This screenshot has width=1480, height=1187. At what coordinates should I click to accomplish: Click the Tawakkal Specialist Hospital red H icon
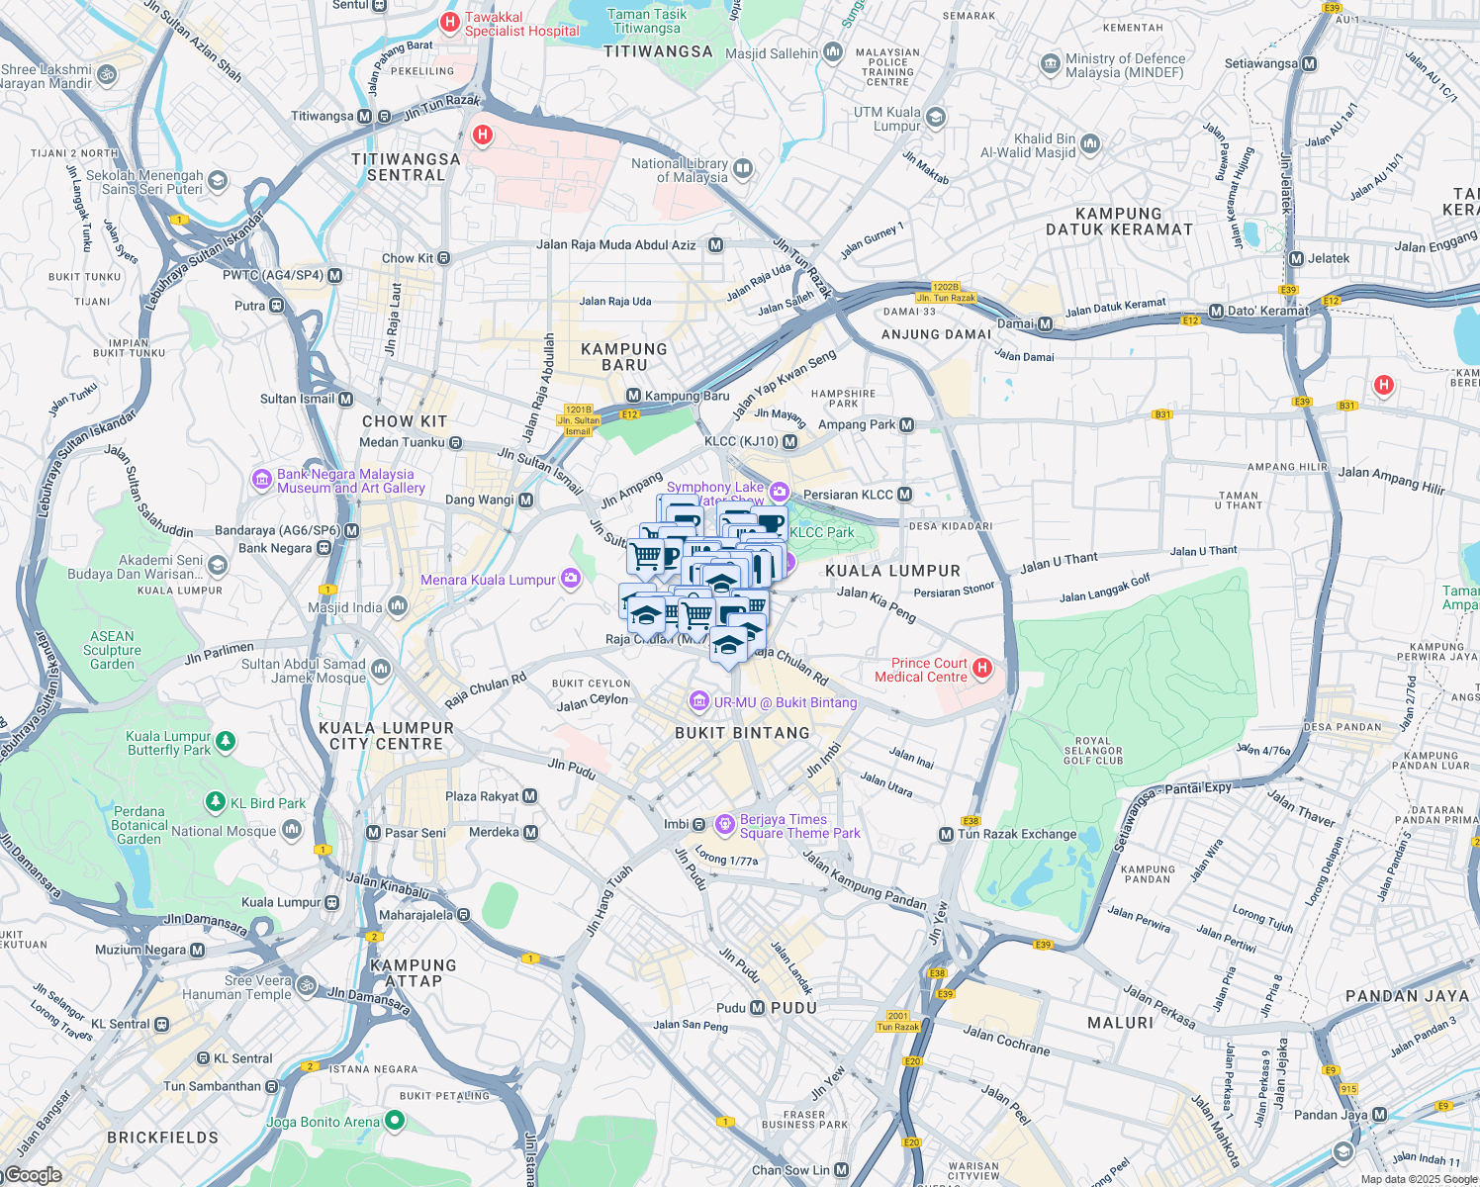(450, 21)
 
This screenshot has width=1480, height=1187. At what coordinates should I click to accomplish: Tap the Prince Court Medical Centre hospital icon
(982, 669)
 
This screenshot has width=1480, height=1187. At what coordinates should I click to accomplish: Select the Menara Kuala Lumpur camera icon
(571, 579)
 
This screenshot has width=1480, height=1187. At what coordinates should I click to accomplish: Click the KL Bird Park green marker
(215, 802)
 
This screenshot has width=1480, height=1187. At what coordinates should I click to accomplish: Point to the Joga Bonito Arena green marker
(395, 1121)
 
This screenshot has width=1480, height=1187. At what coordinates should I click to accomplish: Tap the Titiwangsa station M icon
(364, 116)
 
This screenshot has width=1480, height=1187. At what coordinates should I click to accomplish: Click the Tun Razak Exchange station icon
(946, 834)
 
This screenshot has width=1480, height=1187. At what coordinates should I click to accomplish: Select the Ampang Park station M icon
(907, 424)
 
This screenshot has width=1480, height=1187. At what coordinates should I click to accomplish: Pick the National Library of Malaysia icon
(743, 170)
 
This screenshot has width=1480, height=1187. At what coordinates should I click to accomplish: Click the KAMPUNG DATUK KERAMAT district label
(1119, 222)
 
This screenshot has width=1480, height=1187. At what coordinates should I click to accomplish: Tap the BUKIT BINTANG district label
(742, 733)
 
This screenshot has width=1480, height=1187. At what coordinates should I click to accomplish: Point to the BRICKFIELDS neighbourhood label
(163, 1138)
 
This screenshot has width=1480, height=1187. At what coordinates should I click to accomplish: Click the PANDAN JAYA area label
(1407, 996)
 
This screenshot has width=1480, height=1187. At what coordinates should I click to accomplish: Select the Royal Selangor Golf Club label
(1092, 751)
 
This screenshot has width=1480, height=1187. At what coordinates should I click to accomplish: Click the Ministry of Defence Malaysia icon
(1050, 65)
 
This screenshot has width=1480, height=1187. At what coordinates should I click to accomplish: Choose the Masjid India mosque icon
(398, 606)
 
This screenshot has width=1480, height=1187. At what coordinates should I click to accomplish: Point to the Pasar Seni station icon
(373, 833)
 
